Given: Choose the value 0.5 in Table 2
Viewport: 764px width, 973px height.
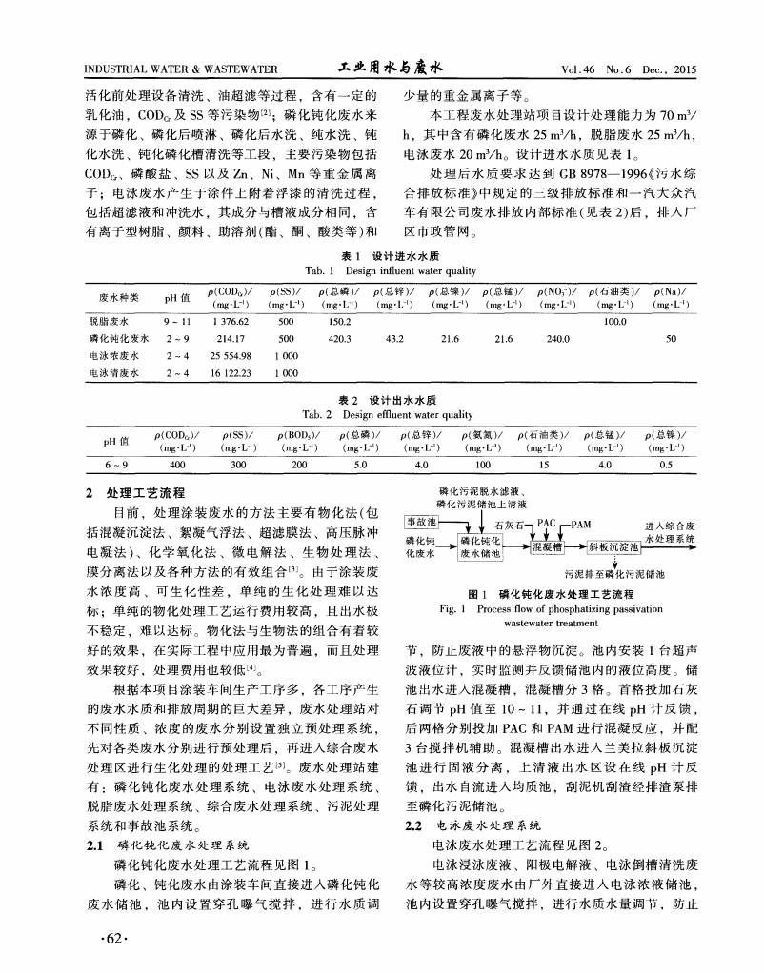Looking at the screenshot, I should click(x=666, y=464).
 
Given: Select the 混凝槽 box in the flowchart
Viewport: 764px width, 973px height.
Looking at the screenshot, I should click(x=548, y=547).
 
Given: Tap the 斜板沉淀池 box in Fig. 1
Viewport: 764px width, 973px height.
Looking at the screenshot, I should click(x=613, y=547).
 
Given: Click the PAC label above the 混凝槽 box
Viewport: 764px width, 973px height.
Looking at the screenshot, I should click(x=546, y=523).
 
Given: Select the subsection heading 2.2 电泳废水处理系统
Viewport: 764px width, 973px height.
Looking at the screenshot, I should click(x=473, y=825).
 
